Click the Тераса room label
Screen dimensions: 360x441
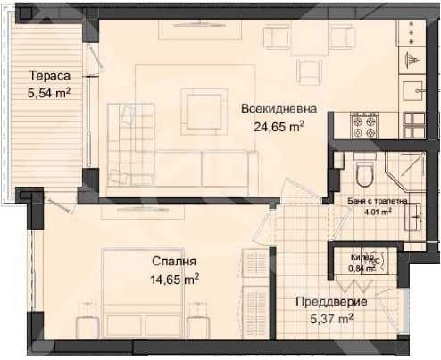click(x=49, y=75)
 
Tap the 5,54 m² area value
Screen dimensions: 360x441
click(x=49, y=91)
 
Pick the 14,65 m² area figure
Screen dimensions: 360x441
click(x=173, y=279)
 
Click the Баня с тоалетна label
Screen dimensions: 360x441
click(x=379, y=201)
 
